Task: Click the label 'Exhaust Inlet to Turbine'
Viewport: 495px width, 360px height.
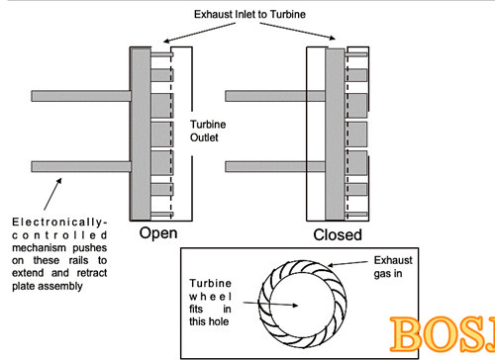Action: point(249,14)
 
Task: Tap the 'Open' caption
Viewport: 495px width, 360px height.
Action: point(158,233)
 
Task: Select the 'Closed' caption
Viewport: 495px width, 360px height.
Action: point(338,235)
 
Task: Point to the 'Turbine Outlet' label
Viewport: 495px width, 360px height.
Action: point(208,131)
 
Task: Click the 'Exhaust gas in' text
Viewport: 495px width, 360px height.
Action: point(393,267)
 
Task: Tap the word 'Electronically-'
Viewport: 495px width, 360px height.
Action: point(59,223)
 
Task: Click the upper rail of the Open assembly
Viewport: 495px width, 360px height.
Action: point(81,96)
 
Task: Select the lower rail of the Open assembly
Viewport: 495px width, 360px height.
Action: point(81,166)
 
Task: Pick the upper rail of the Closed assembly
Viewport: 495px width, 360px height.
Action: point(275,96)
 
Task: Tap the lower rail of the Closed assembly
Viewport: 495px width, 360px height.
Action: point(275,166)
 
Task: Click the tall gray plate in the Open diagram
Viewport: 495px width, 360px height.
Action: point(141,134)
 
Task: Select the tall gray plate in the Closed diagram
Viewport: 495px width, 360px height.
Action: point(335,135)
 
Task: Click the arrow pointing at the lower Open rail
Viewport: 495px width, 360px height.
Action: point(52,194)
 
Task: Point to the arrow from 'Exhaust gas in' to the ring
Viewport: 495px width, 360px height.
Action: point(347,264)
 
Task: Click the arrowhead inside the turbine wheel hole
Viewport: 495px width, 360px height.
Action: point(294,306)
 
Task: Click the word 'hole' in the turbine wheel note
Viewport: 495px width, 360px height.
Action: point(218,321)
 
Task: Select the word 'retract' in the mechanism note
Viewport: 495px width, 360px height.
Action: point(92,273)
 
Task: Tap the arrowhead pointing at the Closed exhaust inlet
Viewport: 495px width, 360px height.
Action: point(332,38)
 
